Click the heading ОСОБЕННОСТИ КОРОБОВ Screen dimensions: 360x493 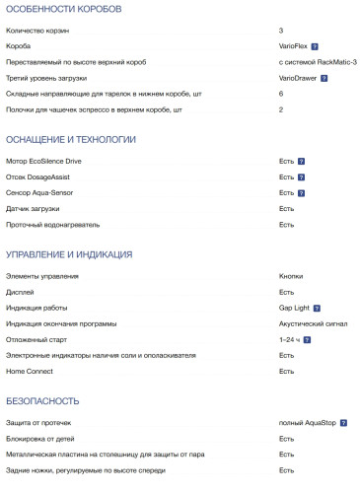coord(63,9)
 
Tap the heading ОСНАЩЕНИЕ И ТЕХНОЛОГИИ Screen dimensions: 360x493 coord(71,139)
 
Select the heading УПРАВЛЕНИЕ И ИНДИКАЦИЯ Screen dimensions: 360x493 coord(69,254)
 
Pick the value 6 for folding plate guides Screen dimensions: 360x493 coord(281,94)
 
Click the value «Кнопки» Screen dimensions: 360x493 coord(291,276)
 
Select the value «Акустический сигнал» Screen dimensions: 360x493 coord(313,323)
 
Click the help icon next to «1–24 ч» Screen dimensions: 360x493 coord(308,339)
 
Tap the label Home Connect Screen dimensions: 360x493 coord(30,371)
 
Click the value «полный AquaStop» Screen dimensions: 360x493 coord(308,423)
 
